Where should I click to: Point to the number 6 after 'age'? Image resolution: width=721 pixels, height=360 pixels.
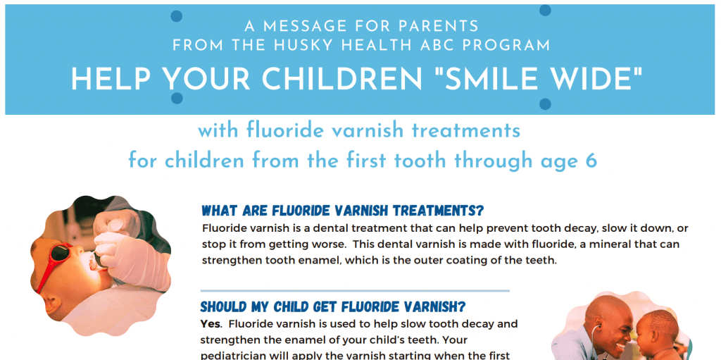click(x=591, y=161)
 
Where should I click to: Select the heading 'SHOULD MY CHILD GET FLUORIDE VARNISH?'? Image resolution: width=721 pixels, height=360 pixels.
click(x=333, y=307)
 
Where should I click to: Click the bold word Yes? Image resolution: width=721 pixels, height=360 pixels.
click(x=211, y=324)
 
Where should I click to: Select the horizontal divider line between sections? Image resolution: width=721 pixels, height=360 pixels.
click(x=355, y=290)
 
